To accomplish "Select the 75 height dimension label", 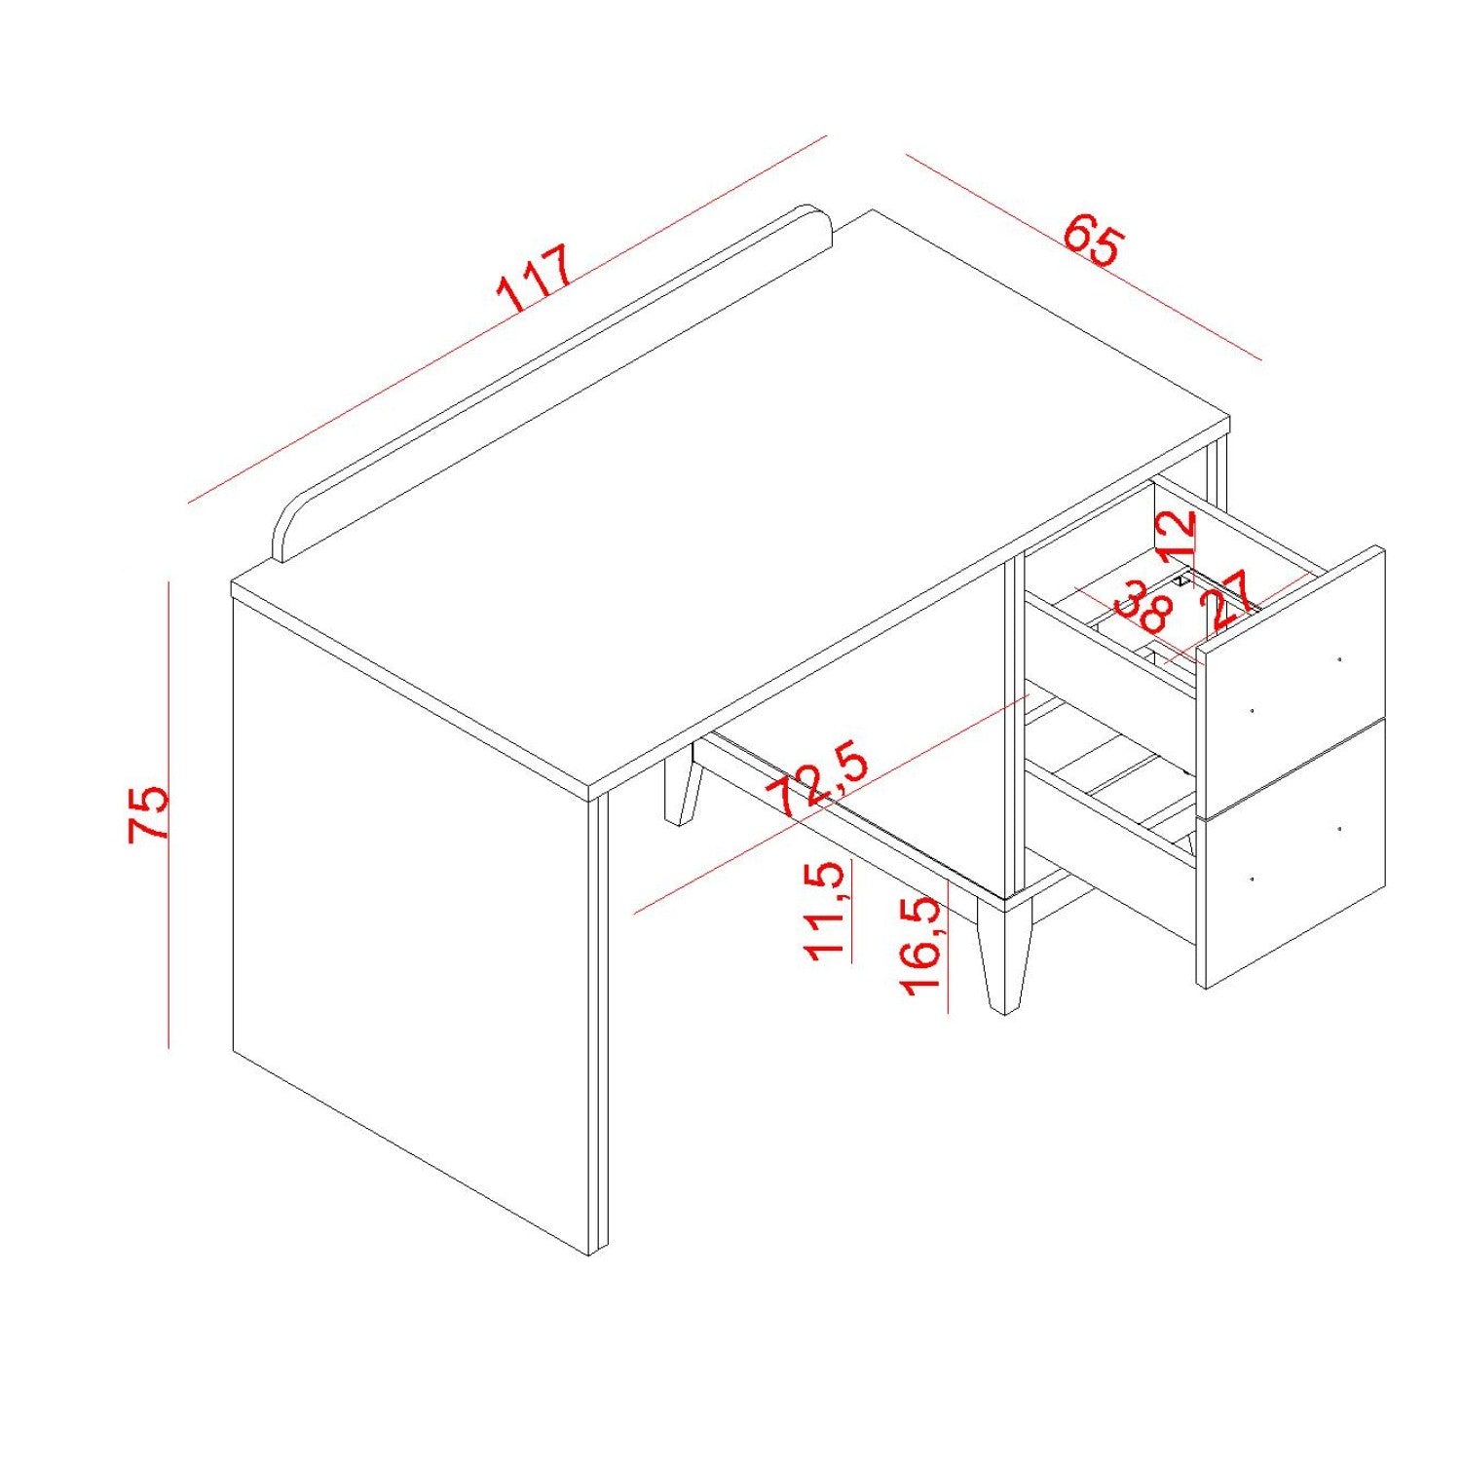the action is pyautogui.click(x=149, y=814).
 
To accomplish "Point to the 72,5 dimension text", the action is pyautogui.click(x=817, y=779).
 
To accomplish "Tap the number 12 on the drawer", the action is pyautogui.click(x=1175, y=537).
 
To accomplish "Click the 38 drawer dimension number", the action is pyautogui.click(x=1143, y=608).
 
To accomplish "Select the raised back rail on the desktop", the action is pyautogui.click(x=552, y=384).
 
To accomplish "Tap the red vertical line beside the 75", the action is pyautogui.click(x=169, y=815).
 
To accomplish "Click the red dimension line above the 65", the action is pyautogui.click(x=1083, y=257).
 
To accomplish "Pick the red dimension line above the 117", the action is pyautogui.click(x=507, y=318).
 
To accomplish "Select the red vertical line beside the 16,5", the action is pyautogui.click(x=948, y=945).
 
